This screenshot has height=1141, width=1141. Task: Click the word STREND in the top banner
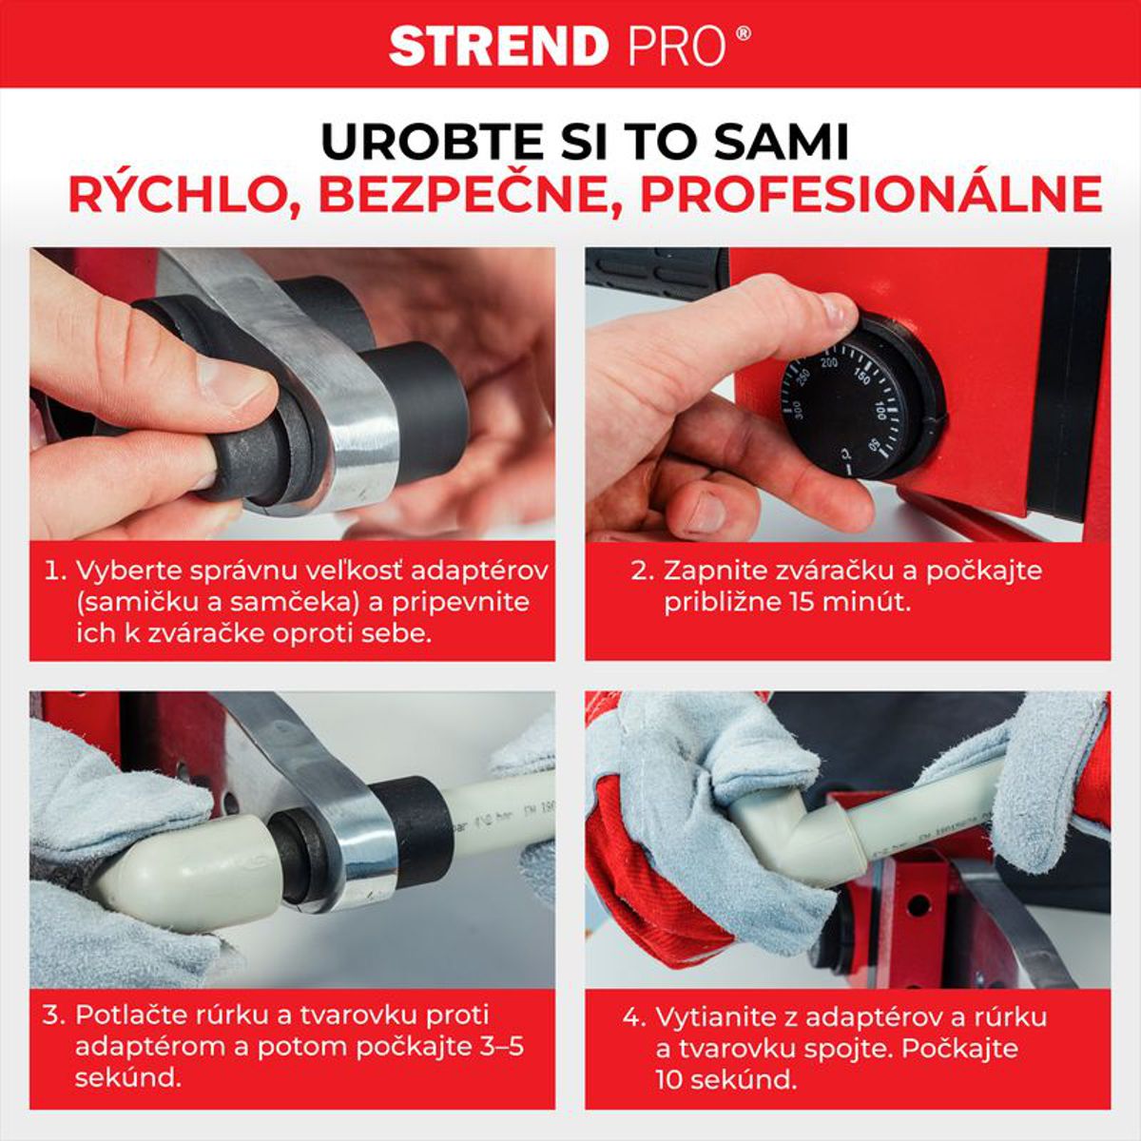(x=497, y=46)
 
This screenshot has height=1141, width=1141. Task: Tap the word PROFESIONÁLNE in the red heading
(x=869, y=195)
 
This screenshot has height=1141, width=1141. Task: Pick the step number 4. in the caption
(x=634, y=1017)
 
